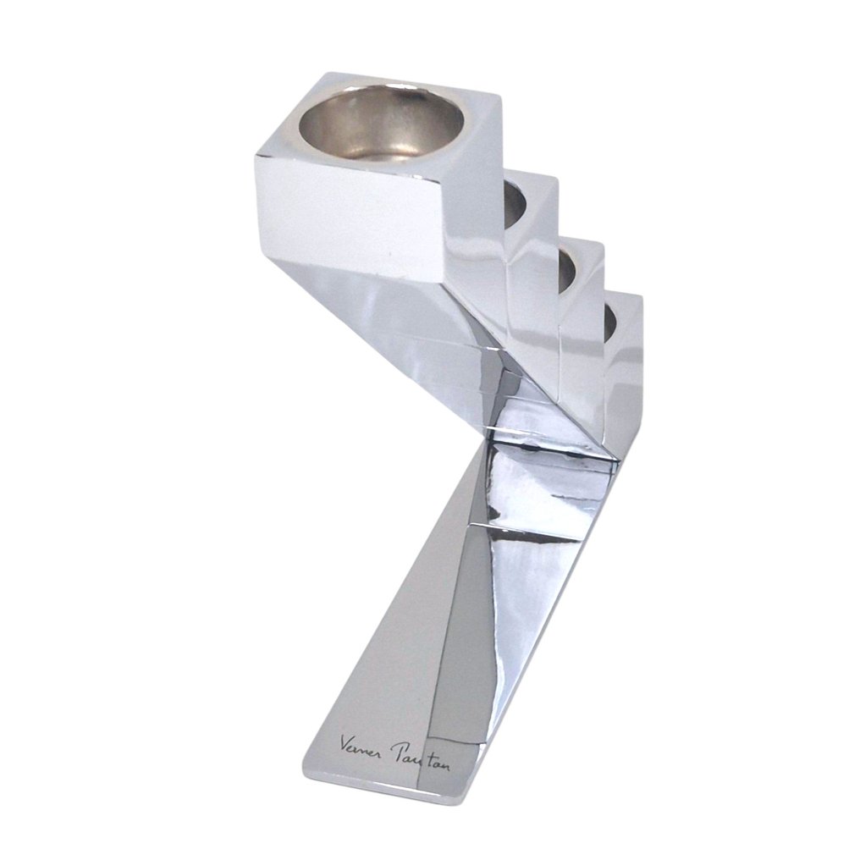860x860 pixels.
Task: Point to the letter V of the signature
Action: [x=345, y=742]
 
